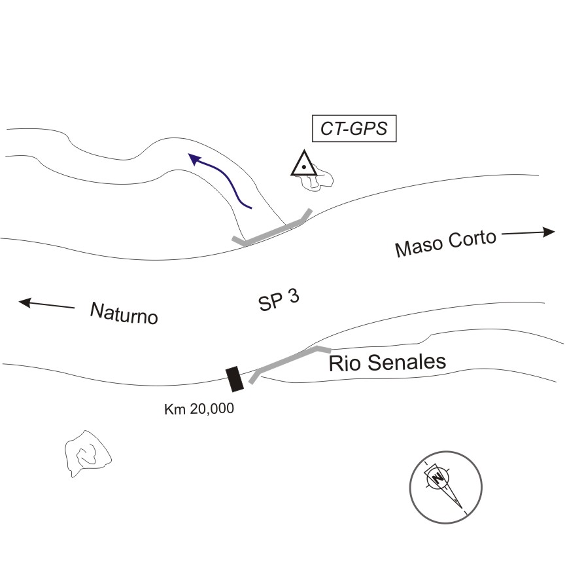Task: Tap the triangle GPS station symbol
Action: [303, 164]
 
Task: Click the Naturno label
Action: [124, 313]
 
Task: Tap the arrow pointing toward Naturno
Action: [46, 304]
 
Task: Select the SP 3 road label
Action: [279, 300]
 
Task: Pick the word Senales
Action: [405, 361]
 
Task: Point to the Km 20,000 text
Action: [199, 409]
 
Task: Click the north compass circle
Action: [445, 486]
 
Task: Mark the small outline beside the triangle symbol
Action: [317, 180]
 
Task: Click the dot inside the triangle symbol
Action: [303, 168]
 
